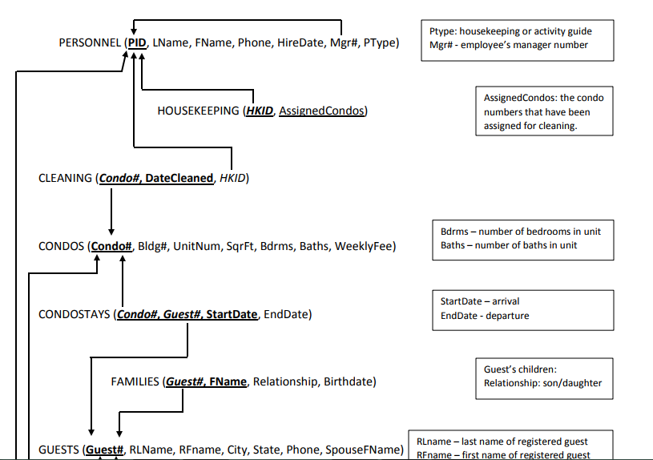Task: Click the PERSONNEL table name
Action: point(91,42)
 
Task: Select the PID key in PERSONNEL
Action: point(138,42)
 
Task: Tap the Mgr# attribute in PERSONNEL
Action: point(342,42)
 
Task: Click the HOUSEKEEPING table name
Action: point(198,111)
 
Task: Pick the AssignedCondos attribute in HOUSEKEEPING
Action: point(321,111)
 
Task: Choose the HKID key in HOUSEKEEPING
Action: point(260,111)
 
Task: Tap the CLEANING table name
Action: point(65,178)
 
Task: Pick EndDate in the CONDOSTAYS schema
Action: point(285,314)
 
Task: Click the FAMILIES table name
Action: point(135,381)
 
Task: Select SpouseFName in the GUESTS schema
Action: point(365,450)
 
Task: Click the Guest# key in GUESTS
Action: point(104,450)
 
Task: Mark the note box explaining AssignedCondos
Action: point(544,111)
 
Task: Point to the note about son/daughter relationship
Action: point(542,377)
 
